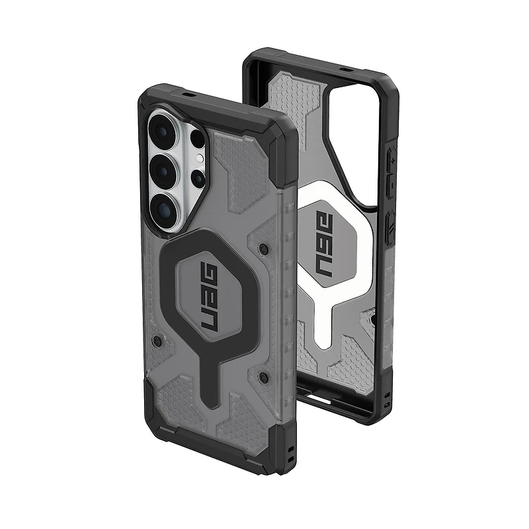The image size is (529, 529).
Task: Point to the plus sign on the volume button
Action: click(x=391, y=160)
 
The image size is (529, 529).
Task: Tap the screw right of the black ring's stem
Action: click(x=263, y=377)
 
